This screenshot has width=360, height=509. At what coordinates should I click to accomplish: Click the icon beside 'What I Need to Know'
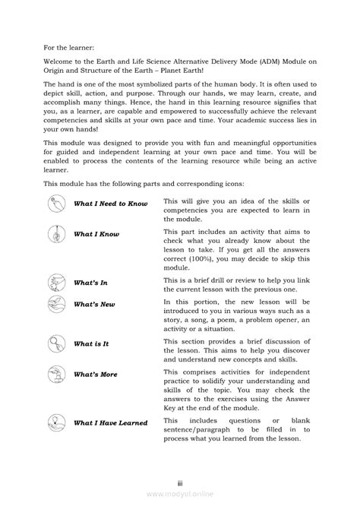point(57,204)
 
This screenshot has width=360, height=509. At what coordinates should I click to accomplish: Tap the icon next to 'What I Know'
point(57,234)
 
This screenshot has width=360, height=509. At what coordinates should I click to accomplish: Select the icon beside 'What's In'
point(57,283)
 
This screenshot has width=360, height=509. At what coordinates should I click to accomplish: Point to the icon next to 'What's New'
point(57,304)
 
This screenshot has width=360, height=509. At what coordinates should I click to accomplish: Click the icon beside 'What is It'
point(57,343)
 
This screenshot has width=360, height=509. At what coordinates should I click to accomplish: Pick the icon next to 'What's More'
point(57,374)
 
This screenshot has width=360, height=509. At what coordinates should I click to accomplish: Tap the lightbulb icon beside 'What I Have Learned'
point(57,422)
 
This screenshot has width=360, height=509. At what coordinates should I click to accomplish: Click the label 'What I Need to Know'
point(110,204)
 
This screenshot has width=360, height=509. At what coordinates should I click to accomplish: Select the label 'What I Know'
point(96,235)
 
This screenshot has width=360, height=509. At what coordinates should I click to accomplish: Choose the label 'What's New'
point(94,305)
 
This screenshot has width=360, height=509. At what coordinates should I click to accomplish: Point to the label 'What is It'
point(92,343)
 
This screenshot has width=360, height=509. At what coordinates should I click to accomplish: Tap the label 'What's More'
point(96,375)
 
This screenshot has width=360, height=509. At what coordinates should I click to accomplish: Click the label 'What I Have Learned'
point(111,422)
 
